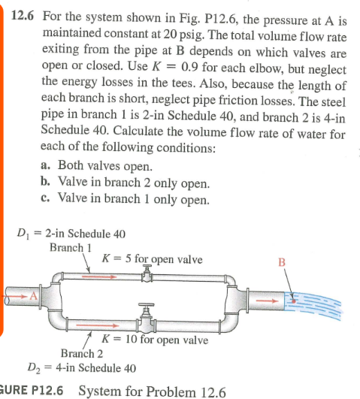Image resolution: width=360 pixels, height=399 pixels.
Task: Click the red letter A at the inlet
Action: click(x=33, y=296)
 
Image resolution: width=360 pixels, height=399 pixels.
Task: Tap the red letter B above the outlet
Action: click(x=282, y=262)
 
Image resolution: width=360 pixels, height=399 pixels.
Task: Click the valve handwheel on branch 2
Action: click(x=146, y=304)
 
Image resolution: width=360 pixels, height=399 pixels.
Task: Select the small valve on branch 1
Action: click(x=147, y=274)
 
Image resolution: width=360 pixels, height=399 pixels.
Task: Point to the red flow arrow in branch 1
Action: click(x=99, y=277)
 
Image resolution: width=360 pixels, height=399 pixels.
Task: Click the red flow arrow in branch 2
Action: click(x=98, y=325)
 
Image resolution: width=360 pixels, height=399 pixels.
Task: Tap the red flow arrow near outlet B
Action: click(x=267, y=301)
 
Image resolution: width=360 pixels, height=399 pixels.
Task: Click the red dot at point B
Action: click(x=293, y=301)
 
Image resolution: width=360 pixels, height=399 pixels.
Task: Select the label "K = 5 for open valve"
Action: click(x=152, y=259)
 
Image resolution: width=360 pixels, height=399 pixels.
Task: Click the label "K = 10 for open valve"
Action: click(x=155, y=340)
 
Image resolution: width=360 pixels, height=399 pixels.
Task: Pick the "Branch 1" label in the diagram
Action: click(x=70, y=248)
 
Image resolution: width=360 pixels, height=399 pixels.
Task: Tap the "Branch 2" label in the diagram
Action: click(x=82, y=353)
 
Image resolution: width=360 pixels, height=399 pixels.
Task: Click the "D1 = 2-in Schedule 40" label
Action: click(x=71, y=234)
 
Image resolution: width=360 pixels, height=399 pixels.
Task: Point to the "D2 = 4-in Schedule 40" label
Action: click(x=81, y=368)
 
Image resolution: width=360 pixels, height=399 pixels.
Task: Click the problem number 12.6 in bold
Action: click(x=23, y=16)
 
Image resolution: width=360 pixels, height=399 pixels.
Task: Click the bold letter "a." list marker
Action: click(x=45, y=165)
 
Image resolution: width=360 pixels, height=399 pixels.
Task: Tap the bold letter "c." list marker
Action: click(x=45, y=198)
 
